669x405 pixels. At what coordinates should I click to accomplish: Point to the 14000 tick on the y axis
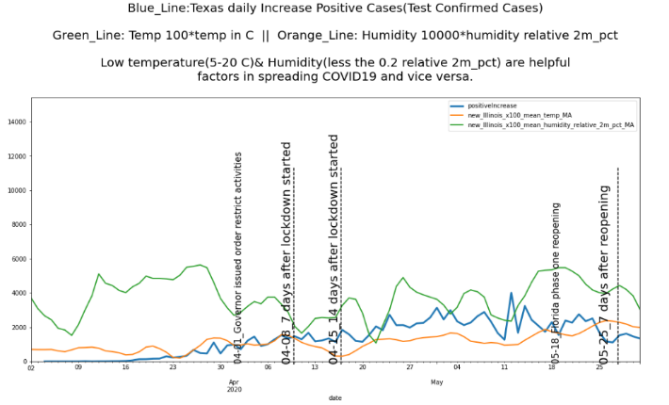click(x=14, y=121)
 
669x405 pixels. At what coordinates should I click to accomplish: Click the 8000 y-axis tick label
click(x=16, y=224)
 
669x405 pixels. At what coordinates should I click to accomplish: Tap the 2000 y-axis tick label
click(x=16, y=327)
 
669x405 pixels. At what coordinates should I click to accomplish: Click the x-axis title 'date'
click(x=334, y=397)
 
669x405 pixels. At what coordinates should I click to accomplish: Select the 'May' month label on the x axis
click(x=436, y=381)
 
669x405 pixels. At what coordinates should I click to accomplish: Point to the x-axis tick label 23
click(x=172, y=368)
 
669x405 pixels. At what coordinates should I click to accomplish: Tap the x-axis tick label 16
click(x=125, y=368)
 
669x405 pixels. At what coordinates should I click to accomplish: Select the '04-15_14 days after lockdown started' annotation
click(x=334, y=248)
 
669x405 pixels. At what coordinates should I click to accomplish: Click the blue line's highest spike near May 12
click(x=511, y=293)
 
